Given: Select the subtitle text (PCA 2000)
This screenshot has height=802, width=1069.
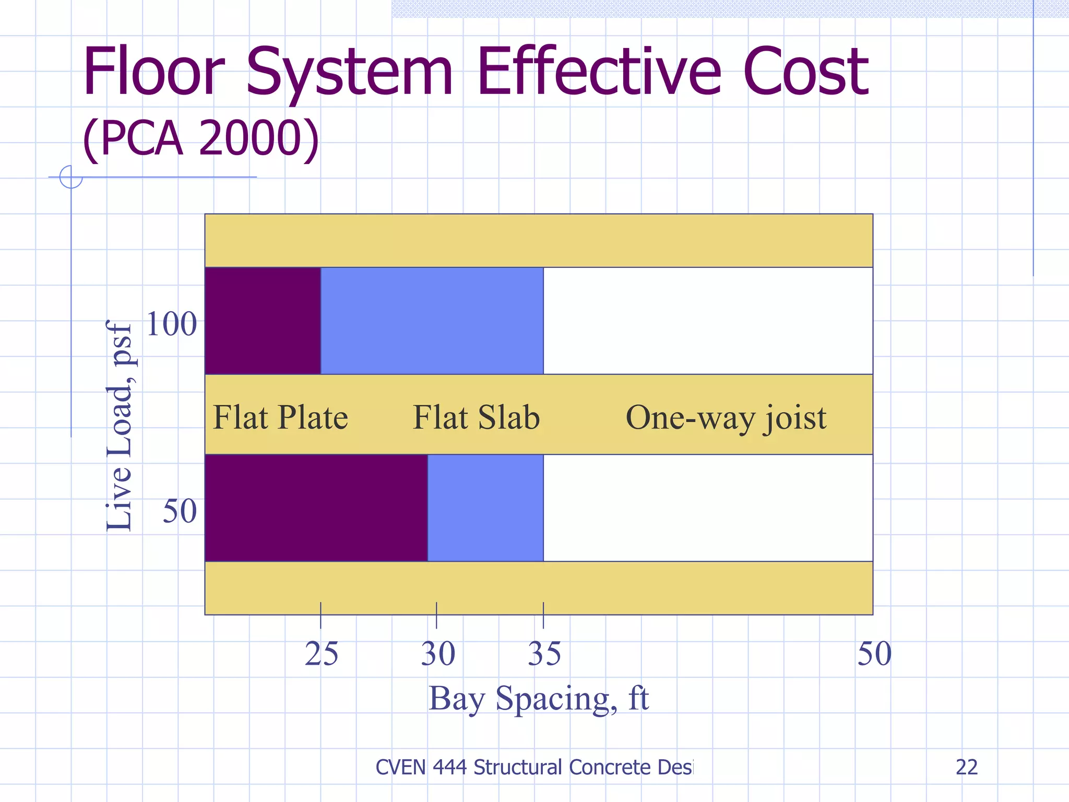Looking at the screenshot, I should click(x=201, y=138).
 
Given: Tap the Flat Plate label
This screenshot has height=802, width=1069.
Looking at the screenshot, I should click(x=280, y=417).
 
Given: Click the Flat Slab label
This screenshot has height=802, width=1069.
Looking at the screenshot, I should click(x=476, y=417).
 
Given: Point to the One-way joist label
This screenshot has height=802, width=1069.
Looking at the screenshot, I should click(x=726, y=418).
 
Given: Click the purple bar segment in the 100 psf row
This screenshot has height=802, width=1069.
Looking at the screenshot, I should click(x=263, y=321).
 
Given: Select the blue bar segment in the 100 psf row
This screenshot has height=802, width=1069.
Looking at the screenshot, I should click(x=432, y=321).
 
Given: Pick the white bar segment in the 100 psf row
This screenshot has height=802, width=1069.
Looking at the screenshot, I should click(x=707, y=321).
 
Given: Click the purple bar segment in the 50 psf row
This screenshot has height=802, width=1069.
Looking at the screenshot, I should click(x=316, y=508).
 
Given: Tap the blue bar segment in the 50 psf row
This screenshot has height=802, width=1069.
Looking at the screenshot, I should click(x=485, y=508).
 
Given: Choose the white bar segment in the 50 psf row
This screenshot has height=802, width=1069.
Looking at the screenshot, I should click(x=707, y=508).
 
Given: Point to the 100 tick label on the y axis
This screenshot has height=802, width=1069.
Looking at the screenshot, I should click(x=171, y=324).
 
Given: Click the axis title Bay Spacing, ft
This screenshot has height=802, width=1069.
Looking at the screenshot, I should click(x=538, y=698).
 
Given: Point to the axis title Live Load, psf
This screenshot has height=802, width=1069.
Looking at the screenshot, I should click(x=119, y=426).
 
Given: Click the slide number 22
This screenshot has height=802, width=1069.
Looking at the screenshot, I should click(x=966, y=767).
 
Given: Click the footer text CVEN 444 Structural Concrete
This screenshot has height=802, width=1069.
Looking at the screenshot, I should click(x=533, y=767).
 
